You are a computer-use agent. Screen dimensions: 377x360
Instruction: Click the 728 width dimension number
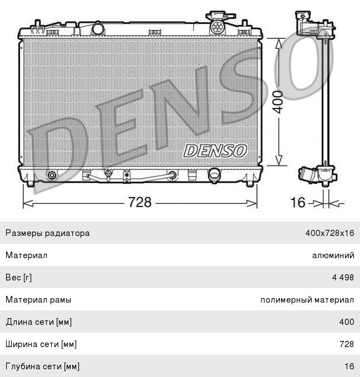tap(140, 202)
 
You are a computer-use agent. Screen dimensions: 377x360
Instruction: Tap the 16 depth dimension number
tap(298, 202)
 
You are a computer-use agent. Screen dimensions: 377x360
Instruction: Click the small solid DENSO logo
tap(214, 150)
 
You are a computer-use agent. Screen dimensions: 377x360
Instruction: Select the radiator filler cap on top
tap(218, 25)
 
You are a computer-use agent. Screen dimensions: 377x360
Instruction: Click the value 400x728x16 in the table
tap(329, 233)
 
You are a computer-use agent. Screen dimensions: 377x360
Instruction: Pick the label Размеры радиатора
tap(47, 233)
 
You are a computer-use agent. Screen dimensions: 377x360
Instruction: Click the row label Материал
tap(26, 255)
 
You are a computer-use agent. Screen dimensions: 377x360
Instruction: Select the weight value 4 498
tap(342, 278)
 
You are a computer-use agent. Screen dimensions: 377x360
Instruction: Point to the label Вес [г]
tap(21, 278)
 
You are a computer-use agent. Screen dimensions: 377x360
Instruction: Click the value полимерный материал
tap(307, 300)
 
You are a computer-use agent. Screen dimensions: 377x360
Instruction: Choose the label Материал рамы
tap(38, 300)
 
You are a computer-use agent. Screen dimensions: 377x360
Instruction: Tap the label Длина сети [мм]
tap(38, 322)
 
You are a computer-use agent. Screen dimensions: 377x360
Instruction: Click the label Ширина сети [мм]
tap(41, 344)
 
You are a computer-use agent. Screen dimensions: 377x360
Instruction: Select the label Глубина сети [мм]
tap(42, 366)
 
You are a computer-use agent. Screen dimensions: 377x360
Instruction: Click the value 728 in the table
tap(347, 344)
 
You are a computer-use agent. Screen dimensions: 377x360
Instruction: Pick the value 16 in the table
tap(349, 366)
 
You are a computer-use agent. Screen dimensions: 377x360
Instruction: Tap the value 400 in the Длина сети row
tap(347, 322)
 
